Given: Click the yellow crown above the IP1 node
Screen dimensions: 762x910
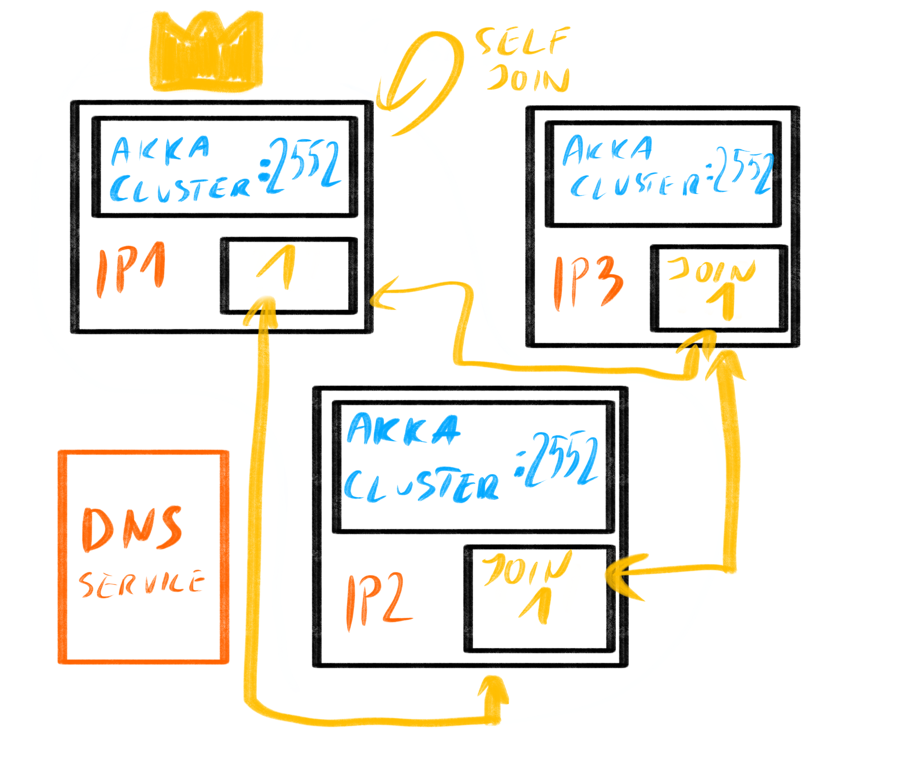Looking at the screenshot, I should click(x=207, y=52).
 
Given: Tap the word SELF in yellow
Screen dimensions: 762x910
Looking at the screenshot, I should click(x=522, y=41).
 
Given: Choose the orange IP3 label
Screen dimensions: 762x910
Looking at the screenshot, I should click(x=587, y=282).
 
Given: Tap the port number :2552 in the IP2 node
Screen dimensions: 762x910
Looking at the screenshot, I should click(x=557, y=460).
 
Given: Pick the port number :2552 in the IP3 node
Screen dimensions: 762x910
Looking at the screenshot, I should click(x=741, y=171).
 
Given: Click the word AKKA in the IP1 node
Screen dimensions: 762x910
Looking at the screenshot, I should click(x=160, y=149).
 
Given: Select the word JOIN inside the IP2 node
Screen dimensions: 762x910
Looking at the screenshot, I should click(x=526, y=568).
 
